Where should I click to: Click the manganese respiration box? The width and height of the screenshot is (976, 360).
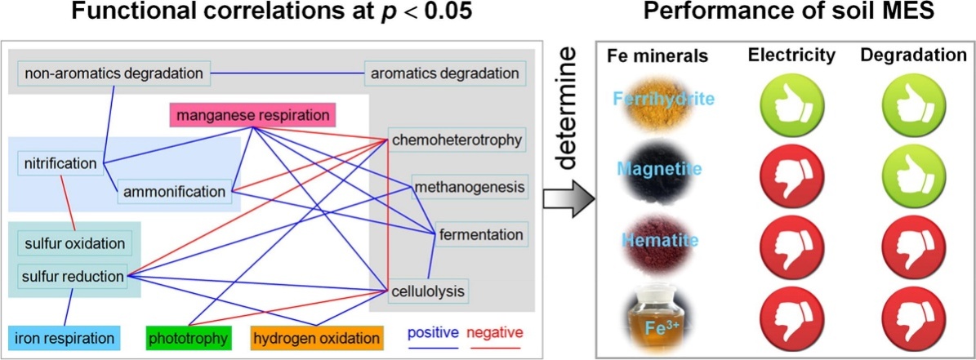253,115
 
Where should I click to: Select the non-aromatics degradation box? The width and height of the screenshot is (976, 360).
114,73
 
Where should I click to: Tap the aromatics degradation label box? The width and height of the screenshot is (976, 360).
445,73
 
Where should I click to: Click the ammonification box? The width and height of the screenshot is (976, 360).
174,192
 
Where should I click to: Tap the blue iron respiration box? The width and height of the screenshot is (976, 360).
64,337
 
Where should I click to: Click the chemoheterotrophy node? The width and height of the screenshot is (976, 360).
456,140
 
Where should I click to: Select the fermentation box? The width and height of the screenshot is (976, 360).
480,235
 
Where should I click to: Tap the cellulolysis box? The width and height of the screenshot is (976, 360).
427,290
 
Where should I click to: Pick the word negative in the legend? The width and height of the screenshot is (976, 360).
494,333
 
